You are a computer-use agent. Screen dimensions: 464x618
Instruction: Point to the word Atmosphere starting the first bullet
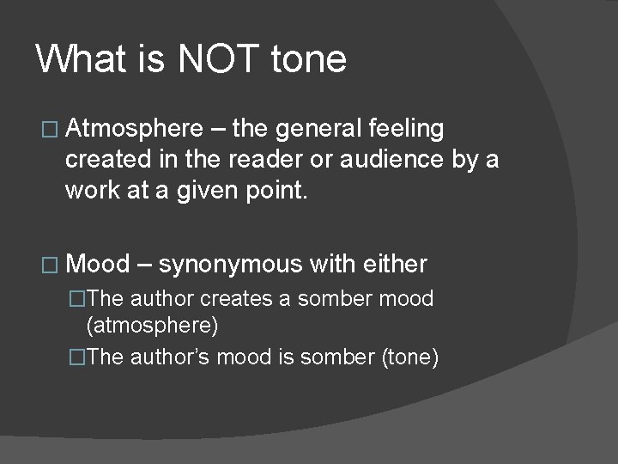(134, 129)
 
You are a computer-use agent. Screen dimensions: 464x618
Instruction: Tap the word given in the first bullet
(179, 191)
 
